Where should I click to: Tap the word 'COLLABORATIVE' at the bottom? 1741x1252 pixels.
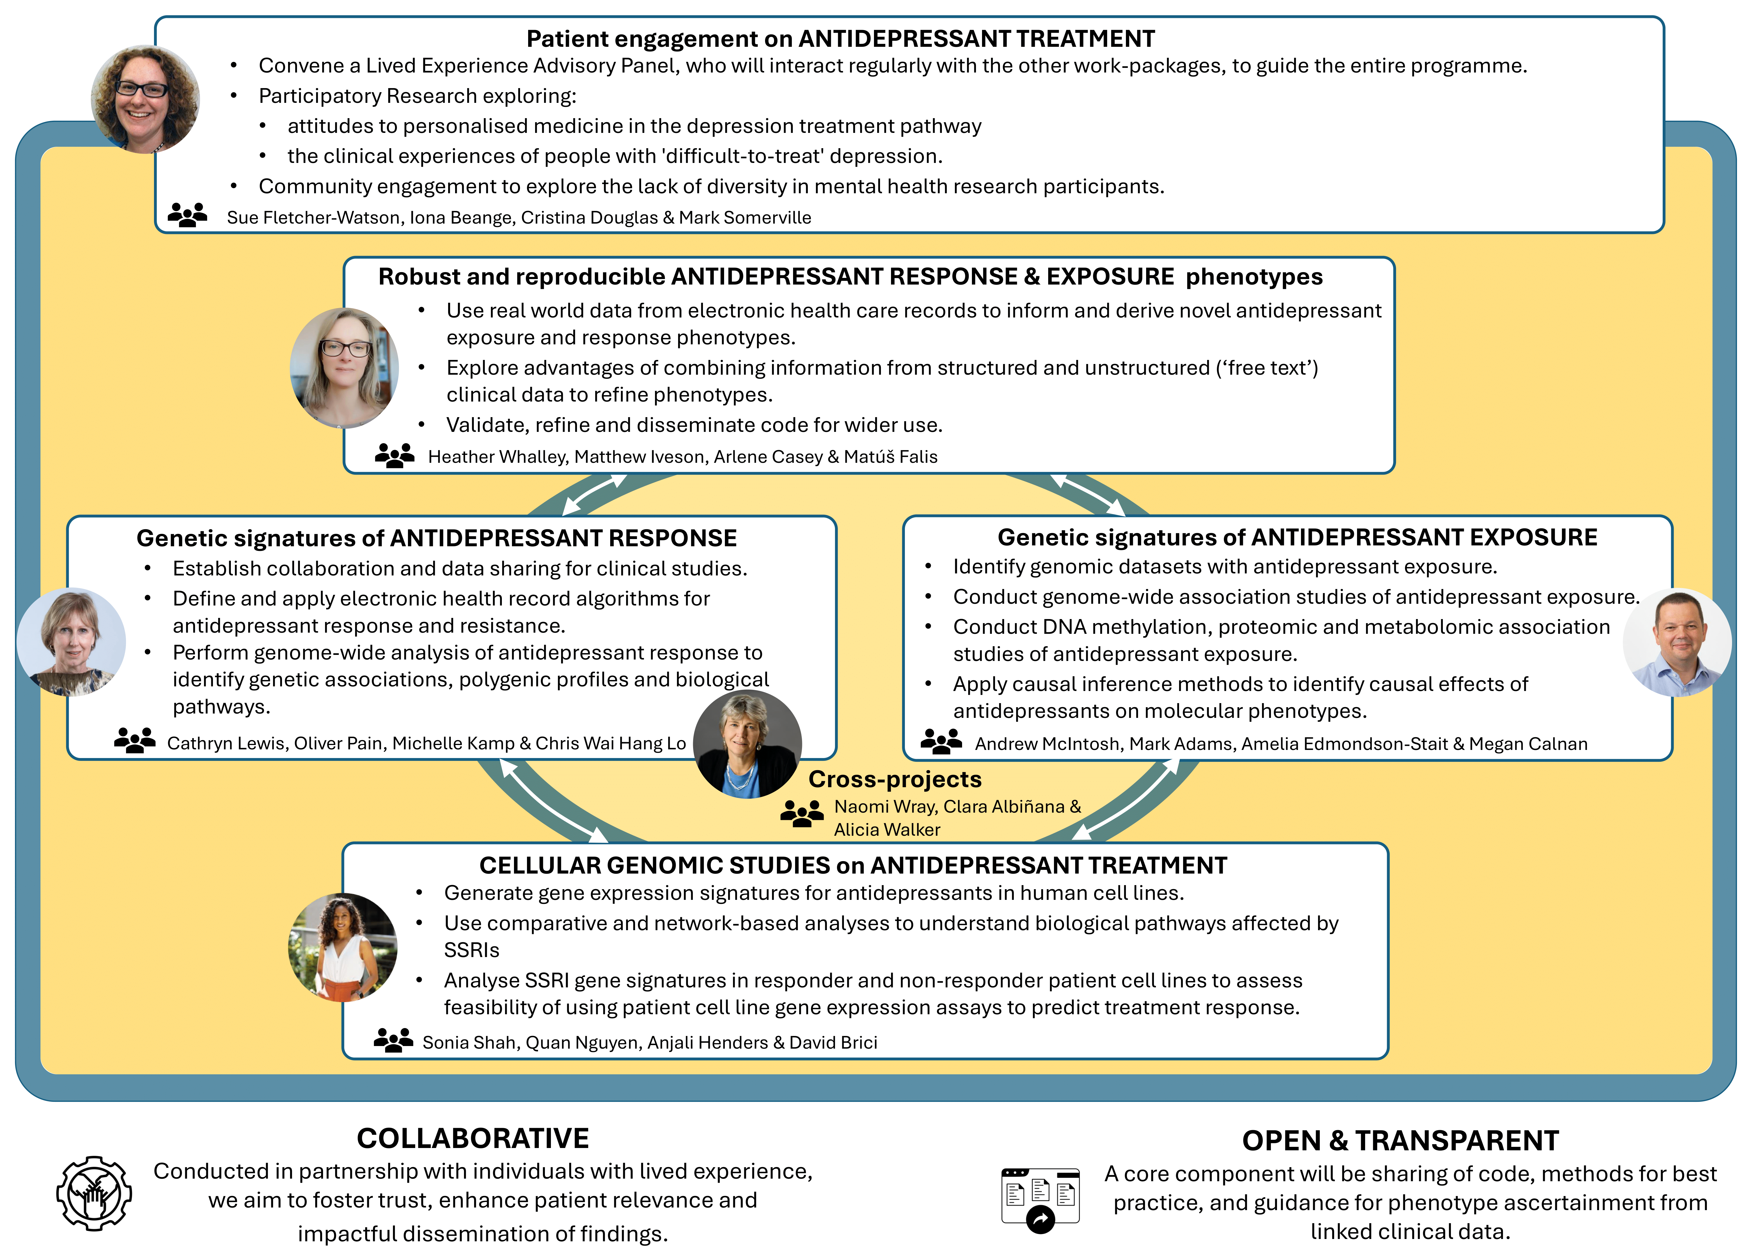click(x=473, y=1138)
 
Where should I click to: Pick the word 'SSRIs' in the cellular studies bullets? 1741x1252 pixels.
click(x=471, y=950)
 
